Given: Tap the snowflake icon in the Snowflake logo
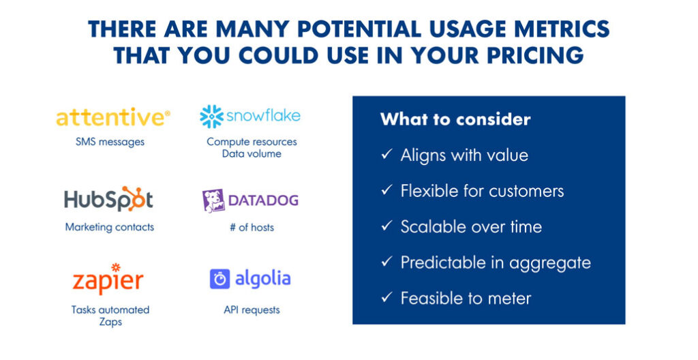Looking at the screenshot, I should click(x=211, y=117).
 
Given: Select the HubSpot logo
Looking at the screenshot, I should click(x=109, y=200).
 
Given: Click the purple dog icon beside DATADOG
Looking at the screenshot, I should click(x=213, y=200).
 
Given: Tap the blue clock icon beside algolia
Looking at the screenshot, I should click(x=219, y=279).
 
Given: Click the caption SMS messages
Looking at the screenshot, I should click(x=110, y=142).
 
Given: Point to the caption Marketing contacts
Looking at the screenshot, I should click(x=109, y=227).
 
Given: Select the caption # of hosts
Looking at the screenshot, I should click(x=252, y=227).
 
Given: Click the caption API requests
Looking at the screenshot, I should click(x=252, y=310).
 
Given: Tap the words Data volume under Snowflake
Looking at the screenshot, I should click(x=252, y=153).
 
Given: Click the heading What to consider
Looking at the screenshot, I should click(x=455, y=119).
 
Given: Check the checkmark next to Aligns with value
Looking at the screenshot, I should click(x=386, y=155).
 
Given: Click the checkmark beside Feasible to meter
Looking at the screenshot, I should click(x=386, y=298).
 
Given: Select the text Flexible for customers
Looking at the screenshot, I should click(x=482, y=191).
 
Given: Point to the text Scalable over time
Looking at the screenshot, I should click(x=471, y=226).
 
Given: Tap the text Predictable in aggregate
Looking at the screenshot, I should click(x=496, y=262).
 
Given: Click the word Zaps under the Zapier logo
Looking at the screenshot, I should click(x=110, y=321).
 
